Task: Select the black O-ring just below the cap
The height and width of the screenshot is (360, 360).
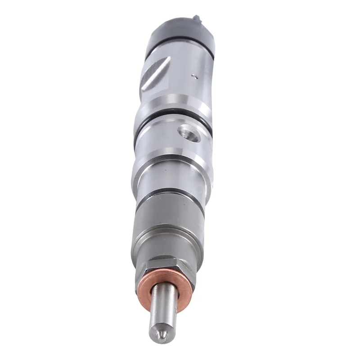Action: (x=180, y=53)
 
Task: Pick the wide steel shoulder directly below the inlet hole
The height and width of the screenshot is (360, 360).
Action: (x=173, y=162)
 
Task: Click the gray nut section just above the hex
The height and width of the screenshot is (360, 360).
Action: (x=167, y=247)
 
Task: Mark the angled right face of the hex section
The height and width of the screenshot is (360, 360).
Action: (x=187, y=269)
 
